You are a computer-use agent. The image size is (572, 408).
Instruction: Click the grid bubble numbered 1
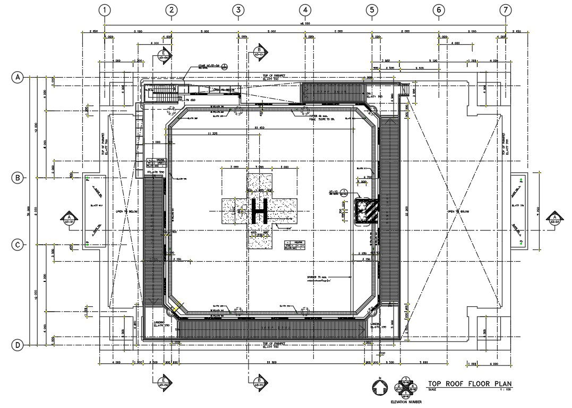pos(106,10)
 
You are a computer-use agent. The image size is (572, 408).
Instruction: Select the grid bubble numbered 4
pos(304,10)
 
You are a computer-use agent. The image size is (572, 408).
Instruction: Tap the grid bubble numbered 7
pos(505,10)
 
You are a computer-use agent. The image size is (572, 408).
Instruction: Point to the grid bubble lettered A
pos(18,78)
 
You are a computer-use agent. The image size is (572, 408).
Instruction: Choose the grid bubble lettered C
pos(18,245)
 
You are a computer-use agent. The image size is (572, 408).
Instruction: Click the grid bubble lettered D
pos(18,345)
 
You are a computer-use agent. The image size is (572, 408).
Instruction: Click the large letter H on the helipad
pos(260,211)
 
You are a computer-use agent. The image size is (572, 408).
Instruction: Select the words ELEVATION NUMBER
pos(406,402)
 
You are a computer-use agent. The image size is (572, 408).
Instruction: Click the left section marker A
pos(69,218)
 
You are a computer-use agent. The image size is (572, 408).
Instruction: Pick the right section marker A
pos(554,218)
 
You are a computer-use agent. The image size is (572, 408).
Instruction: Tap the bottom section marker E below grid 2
pos(164,380)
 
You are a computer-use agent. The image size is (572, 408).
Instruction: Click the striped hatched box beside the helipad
pos(366,211)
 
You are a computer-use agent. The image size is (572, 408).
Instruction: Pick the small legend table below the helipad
pos(295,245)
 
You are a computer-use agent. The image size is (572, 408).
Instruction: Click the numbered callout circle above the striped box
pos(344,191)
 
